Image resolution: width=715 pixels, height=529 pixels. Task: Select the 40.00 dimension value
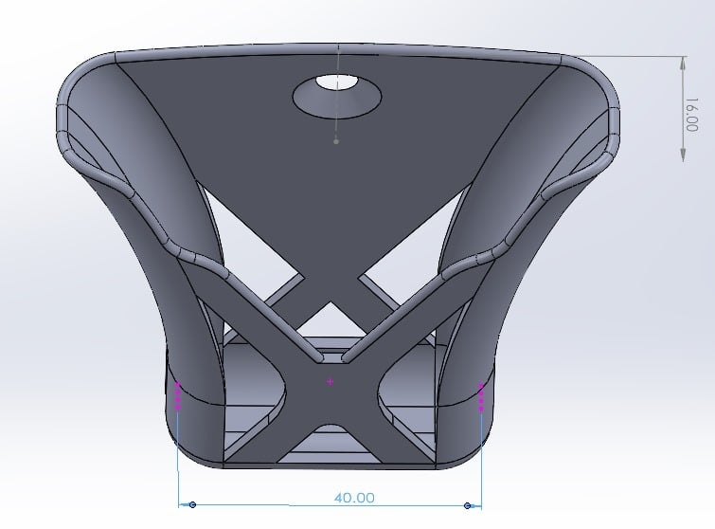point(354,497)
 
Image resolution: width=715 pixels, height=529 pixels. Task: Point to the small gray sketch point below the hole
point(336,142)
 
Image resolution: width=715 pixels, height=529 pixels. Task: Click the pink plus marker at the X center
point(330,382)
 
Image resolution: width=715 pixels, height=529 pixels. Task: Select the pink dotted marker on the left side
point(178,394)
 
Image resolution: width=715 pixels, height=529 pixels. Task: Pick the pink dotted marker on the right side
point(482,396)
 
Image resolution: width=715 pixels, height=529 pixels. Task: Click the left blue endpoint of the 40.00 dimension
point(193,506)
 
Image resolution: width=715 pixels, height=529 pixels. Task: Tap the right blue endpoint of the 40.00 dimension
point(468,506)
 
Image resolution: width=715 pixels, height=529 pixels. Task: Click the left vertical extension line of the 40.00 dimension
point(179,455)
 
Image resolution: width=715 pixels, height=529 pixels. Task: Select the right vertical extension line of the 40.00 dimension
point(481,455)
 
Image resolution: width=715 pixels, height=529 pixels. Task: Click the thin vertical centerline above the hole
point(337,62)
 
